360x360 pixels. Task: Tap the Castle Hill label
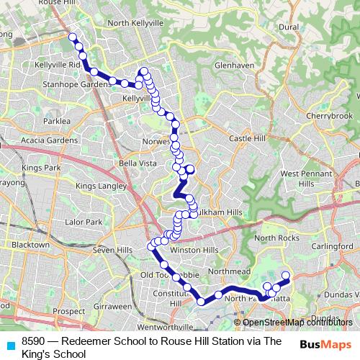click(247, 138)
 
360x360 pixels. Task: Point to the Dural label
click(289, 27)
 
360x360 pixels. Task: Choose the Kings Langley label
click(101, 186)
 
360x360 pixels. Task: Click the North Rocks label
click(276, 238)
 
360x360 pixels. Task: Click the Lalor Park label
click(84, 222)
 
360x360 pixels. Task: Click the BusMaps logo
click(325, 345)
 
